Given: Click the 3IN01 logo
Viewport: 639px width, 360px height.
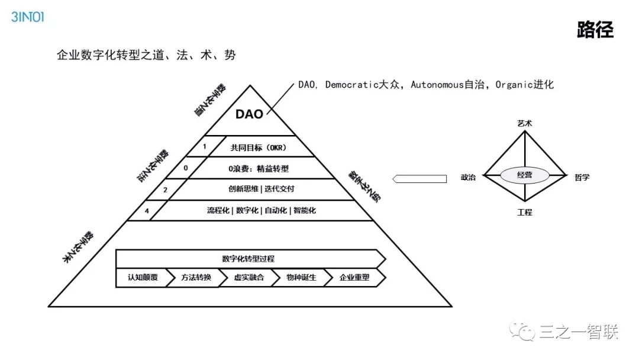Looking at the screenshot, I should [x=28, y=17].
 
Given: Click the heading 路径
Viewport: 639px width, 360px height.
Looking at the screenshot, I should [x=595, y=30].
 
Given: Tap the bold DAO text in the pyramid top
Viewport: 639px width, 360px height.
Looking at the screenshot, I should [x=249, y=114].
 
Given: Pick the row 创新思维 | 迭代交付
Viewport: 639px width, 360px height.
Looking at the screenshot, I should [x=258, y=189].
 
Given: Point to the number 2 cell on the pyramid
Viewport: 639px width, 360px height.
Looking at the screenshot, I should [x=165, y=189].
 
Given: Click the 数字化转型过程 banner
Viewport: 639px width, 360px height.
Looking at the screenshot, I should [x=248, y=259].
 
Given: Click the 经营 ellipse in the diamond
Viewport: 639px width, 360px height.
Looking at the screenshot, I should [x=525, y=175].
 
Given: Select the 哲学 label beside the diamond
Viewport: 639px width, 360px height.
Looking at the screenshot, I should [x=582, y=177].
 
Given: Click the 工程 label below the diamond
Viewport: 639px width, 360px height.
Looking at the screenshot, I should [x=525, y=212].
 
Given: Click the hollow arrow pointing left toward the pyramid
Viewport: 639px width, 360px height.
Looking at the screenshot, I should [x=420, y=177].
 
